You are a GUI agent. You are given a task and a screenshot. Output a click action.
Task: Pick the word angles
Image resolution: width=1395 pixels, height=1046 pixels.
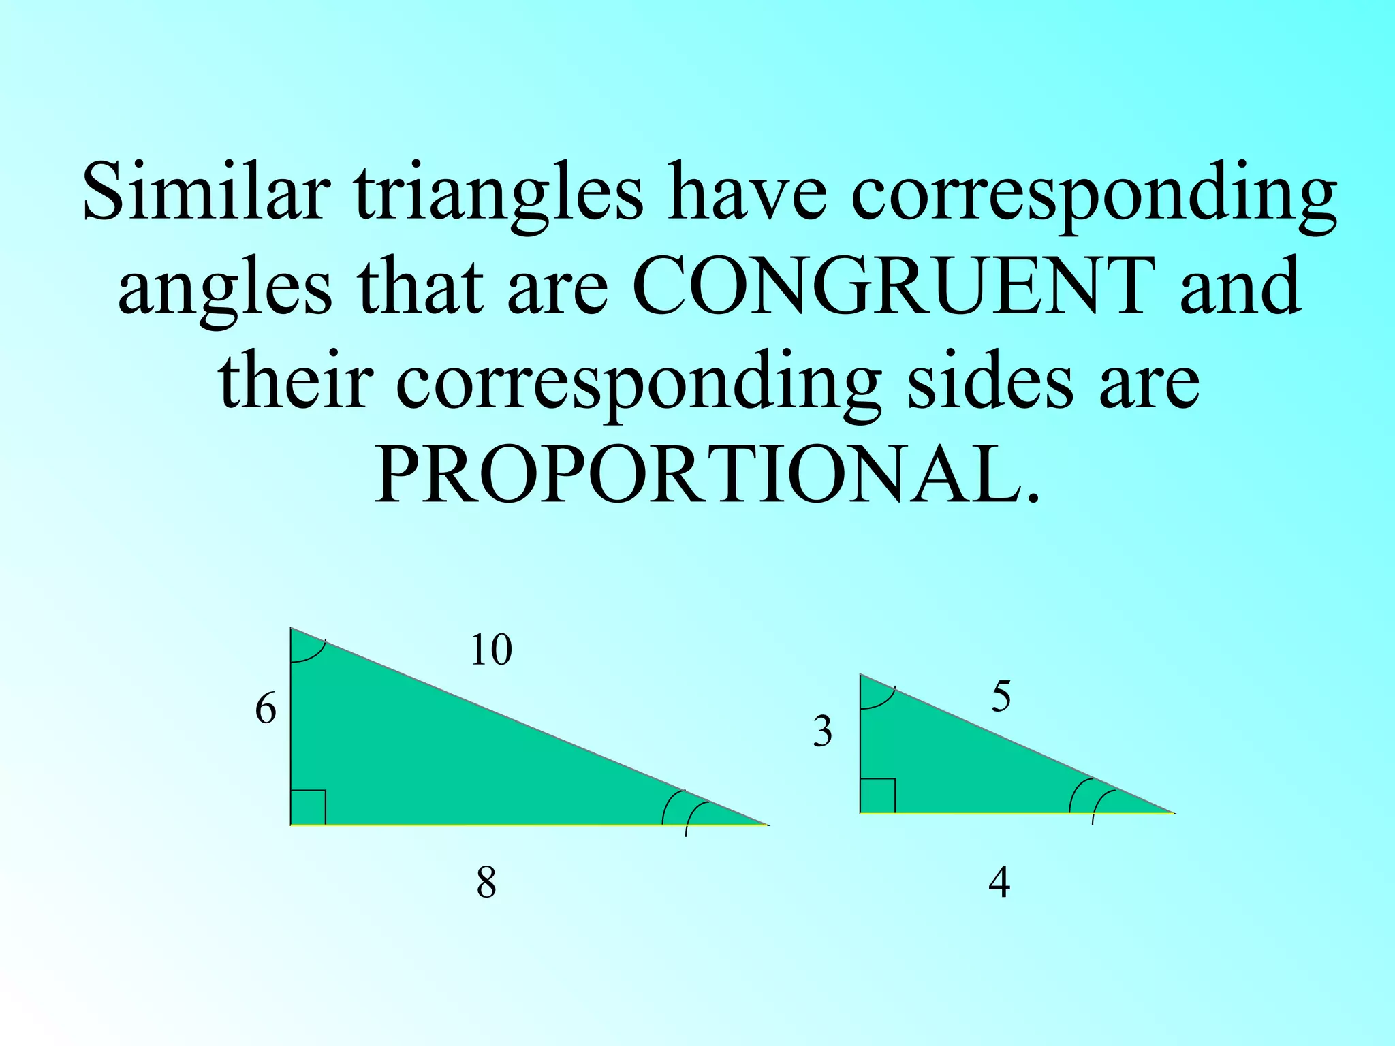[x=225, y=289]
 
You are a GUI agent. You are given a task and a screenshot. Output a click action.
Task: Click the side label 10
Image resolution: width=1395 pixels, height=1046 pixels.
[x=490, y=650]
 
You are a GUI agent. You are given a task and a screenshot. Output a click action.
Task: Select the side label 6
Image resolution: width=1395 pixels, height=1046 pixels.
[x=266, y=710]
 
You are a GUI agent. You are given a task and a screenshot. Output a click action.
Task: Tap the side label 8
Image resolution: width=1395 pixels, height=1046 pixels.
[x=486, y=883]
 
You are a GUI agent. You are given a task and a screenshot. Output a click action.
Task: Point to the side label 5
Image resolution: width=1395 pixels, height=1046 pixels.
[x=1001, y=697]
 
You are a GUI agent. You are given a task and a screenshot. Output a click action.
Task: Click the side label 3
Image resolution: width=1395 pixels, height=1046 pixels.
[x=823, y=732]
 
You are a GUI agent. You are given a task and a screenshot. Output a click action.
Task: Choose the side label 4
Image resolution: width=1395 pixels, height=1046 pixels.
[x=999, y=883]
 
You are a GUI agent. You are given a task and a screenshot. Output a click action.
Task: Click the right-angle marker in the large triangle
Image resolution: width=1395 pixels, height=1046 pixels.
[x=308, y=808]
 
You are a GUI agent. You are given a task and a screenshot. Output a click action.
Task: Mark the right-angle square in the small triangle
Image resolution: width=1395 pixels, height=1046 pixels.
[x=878, y=796]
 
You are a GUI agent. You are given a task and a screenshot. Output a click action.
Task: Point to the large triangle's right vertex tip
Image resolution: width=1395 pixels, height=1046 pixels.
[x=766, y=824]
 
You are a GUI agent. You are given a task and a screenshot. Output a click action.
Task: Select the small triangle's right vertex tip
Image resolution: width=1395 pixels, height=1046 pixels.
[x=1173, y=812]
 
